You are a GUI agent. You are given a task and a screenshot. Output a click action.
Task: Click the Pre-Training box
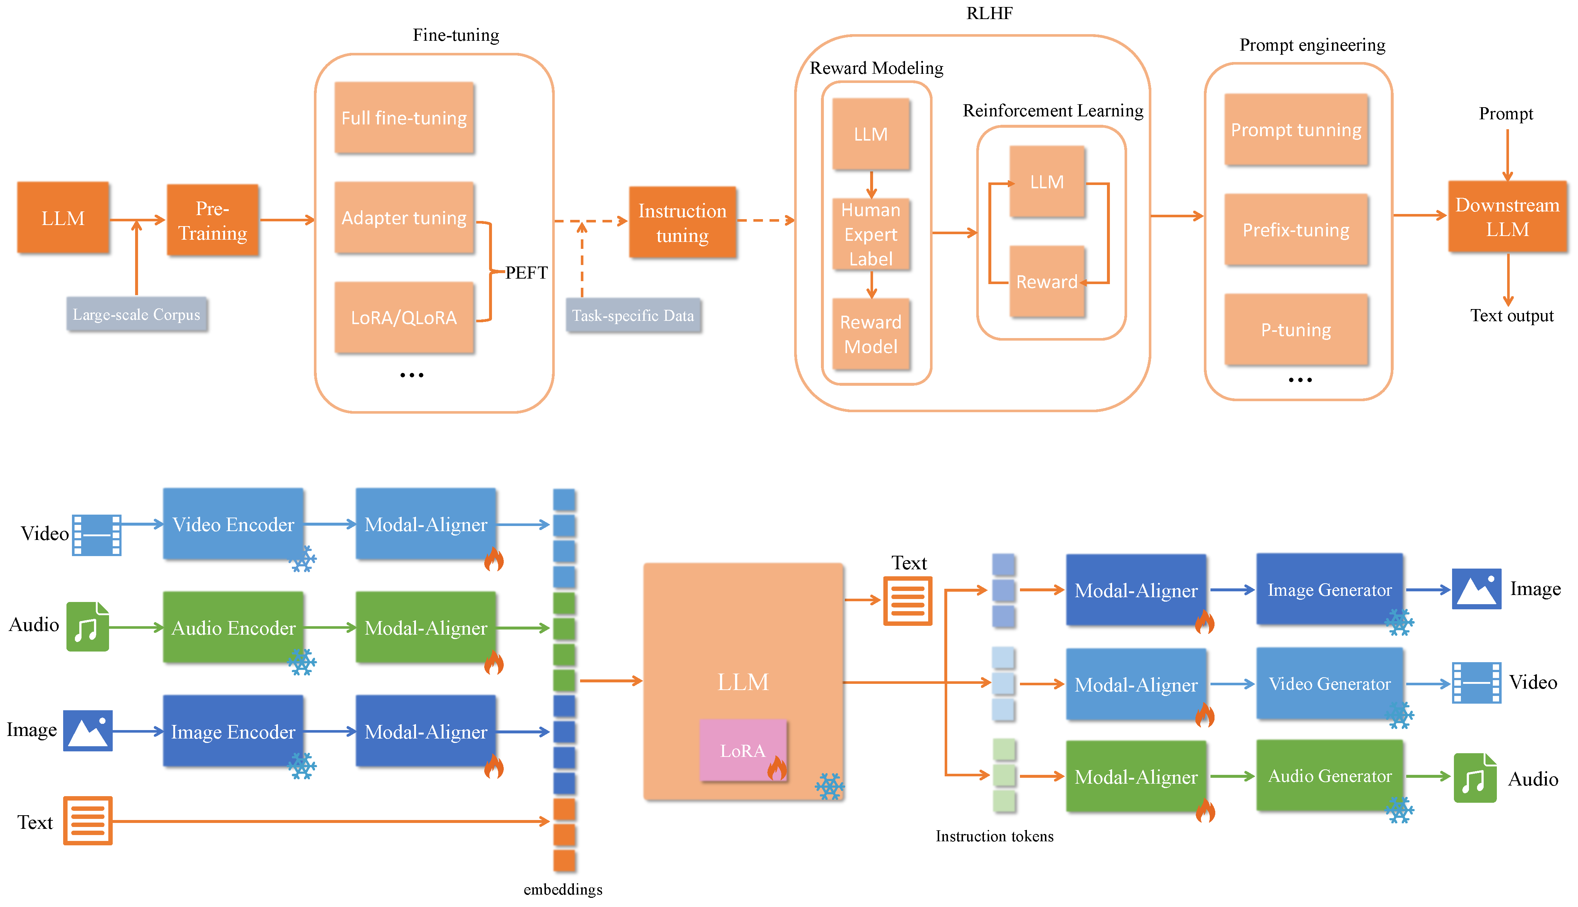(x=213, y=220)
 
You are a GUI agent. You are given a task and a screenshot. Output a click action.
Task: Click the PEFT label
(x=526, y=272)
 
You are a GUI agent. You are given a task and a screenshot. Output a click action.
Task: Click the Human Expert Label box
(x=871, y=234)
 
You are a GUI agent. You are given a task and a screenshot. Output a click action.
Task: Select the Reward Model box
(x=871, y=334)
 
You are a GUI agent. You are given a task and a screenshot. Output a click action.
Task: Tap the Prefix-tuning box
(x=1296, y=230)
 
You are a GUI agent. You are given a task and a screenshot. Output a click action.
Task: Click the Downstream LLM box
(x=1508, y=217)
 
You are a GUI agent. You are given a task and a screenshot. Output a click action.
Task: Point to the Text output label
(x=1512, y=315)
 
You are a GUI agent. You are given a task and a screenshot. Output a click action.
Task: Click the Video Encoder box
(x=234, y=524)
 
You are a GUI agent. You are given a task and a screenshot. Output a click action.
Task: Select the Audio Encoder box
(x=234, y=627)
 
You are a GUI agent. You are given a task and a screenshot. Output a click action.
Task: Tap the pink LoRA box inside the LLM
(x=743, y=750)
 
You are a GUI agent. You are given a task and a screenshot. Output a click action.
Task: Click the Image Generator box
(x=1329, y=589)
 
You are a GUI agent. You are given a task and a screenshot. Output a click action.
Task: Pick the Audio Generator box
(x=1329, y=776)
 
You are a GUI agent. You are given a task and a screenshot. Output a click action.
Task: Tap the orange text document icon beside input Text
(x=88, y=820)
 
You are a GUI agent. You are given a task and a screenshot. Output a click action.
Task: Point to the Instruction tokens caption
(x=994, y=836)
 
